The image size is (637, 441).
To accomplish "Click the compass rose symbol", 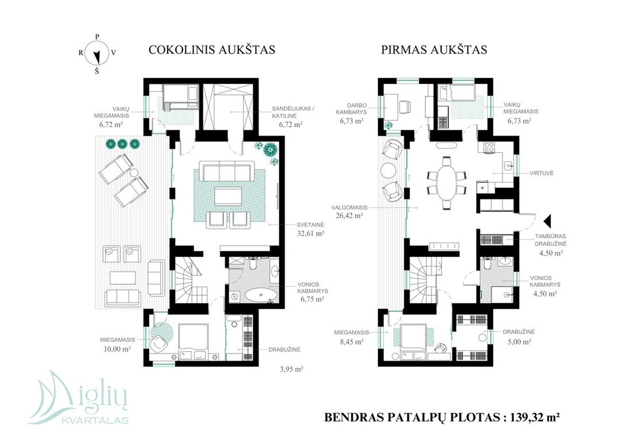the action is point(96,53).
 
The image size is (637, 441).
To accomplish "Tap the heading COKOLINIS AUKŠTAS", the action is point(211,49).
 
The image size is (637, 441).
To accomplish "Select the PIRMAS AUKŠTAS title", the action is point(434,49).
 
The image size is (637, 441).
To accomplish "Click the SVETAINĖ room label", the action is point(310,225).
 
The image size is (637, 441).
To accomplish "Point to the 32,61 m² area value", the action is point(311,234).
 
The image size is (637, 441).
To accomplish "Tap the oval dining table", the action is point(446,183).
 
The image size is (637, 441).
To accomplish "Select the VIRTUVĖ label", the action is point(541,173).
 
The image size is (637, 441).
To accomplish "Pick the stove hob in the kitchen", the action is point(488,148).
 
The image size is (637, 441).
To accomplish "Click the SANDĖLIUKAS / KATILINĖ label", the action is point(294,112).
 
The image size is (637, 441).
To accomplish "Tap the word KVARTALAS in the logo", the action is point(95,420).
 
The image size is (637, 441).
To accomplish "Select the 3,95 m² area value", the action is point(291,369).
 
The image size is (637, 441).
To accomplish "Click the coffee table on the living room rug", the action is point(228,195).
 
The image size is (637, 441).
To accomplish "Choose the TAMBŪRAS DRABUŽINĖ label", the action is point(550,240).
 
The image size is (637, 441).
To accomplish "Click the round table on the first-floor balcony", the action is point(388,170).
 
